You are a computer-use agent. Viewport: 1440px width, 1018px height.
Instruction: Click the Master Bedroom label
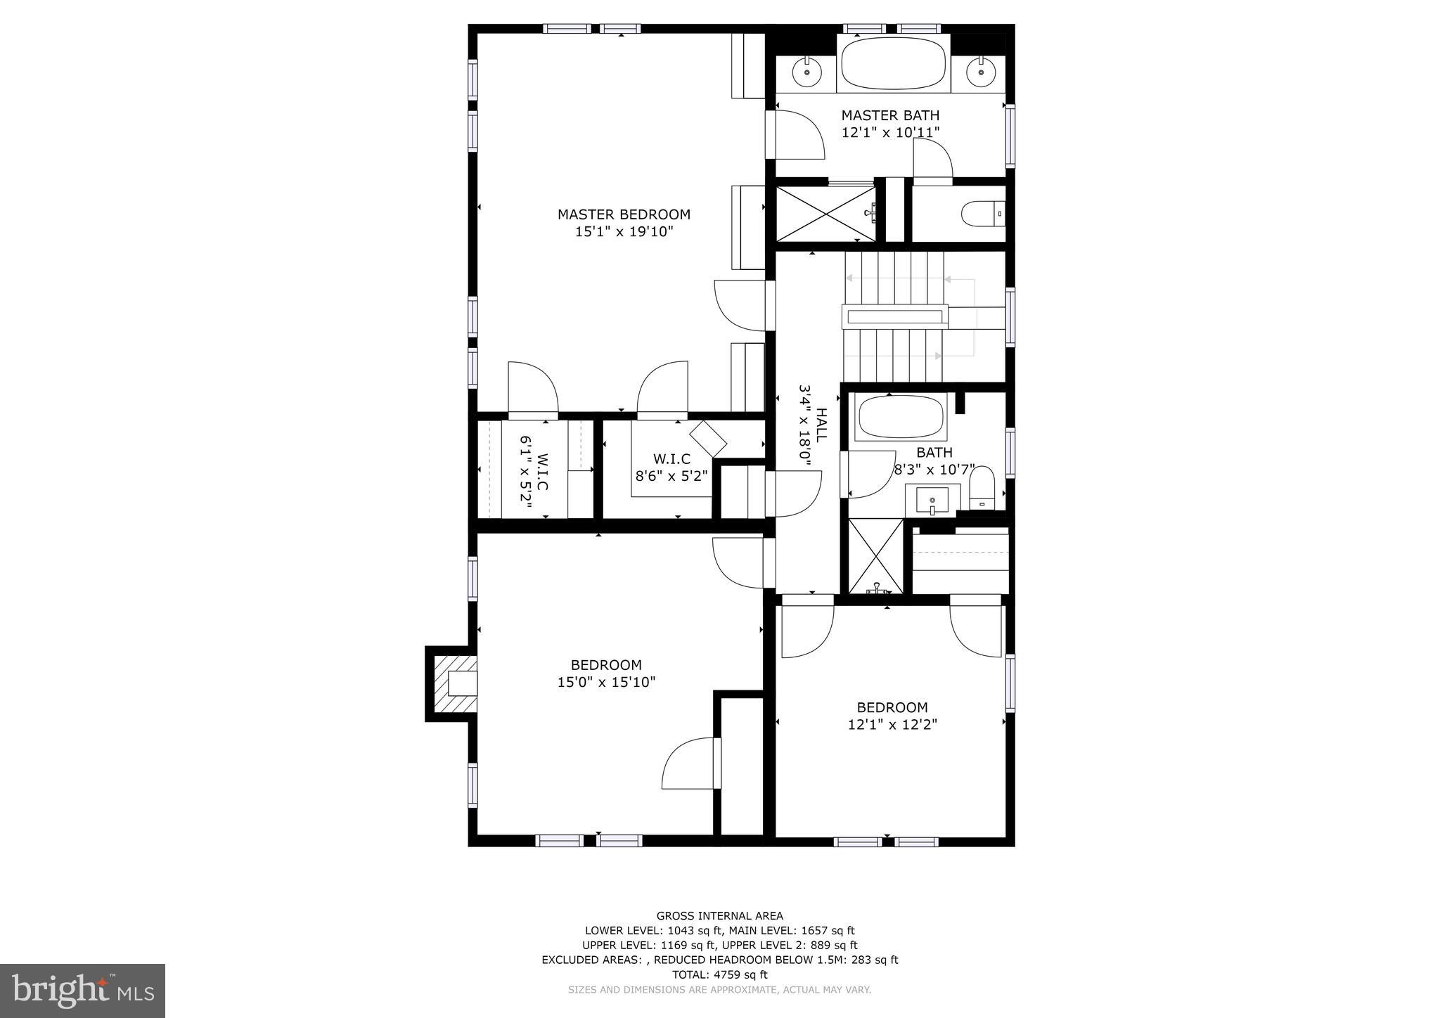pos(624,214)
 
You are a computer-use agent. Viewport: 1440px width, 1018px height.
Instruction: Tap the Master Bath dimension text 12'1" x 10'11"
pos(890,132)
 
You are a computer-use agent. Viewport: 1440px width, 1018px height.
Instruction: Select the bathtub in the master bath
pos(894,63)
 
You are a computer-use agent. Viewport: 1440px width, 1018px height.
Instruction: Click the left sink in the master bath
pos(807,71)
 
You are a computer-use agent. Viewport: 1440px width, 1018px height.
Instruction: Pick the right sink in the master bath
pos(978,71)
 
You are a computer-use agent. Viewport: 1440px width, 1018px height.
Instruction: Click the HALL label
pos(821,425)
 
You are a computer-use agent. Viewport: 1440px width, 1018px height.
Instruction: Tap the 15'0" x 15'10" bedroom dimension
pos(606,682)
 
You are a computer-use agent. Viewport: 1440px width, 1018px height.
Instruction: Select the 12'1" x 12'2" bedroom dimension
pos(892,724)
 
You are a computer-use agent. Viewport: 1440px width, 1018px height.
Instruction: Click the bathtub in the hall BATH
pos(900,418)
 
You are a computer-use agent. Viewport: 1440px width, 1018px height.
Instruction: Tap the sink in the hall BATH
pos(932,501)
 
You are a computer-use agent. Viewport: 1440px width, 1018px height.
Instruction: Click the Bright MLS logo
pos(83,991)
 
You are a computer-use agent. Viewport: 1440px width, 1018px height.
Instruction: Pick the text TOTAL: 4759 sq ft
pos(719,974)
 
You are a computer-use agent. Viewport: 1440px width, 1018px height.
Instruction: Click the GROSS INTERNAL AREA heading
pos(719,916)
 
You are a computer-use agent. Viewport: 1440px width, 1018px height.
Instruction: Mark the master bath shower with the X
pos(827,214)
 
